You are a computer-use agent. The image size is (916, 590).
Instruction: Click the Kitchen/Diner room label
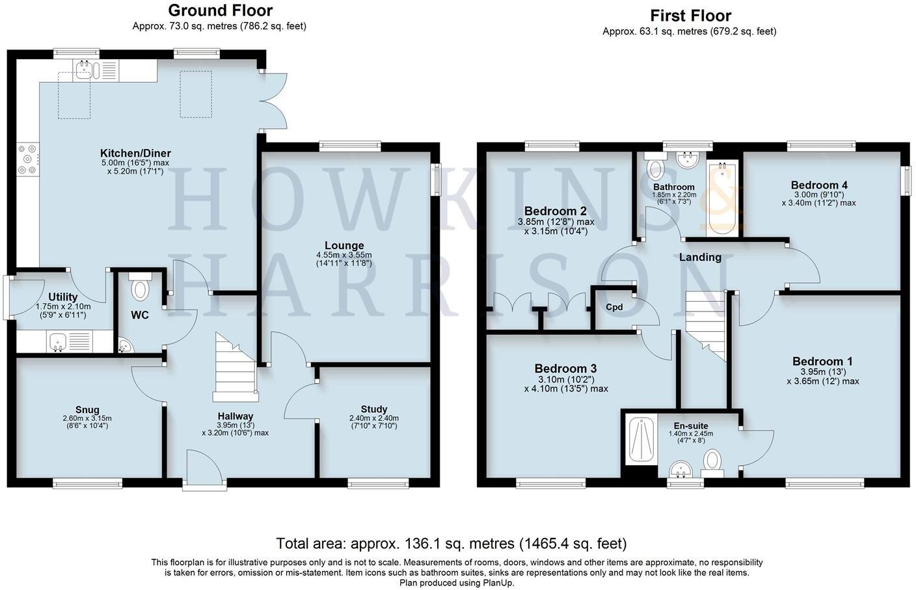click(135, 154)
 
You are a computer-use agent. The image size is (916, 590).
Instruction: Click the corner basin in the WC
click(124, 345)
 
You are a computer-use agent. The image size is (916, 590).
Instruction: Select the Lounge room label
click(344, 246)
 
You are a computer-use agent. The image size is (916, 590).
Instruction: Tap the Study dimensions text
click(374, 422)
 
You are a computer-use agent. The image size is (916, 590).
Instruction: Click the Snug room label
click(87, 410)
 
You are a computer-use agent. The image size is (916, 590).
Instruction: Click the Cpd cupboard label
click(614, 307)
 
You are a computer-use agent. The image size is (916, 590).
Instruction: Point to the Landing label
click(700, 257)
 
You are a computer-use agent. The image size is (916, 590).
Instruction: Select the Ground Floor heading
click(220, 10)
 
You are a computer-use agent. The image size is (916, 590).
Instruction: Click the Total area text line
click(451, 543)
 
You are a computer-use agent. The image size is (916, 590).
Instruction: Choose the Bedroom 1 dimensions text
click(822, 377)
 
